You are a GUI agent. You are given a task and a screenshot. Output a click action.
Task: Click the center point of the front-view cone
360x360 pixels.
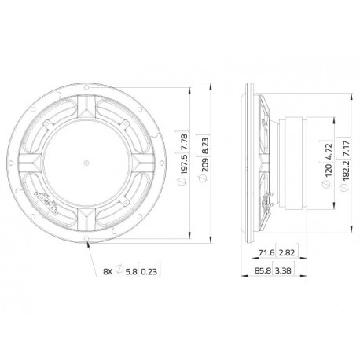click(85, 163)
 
